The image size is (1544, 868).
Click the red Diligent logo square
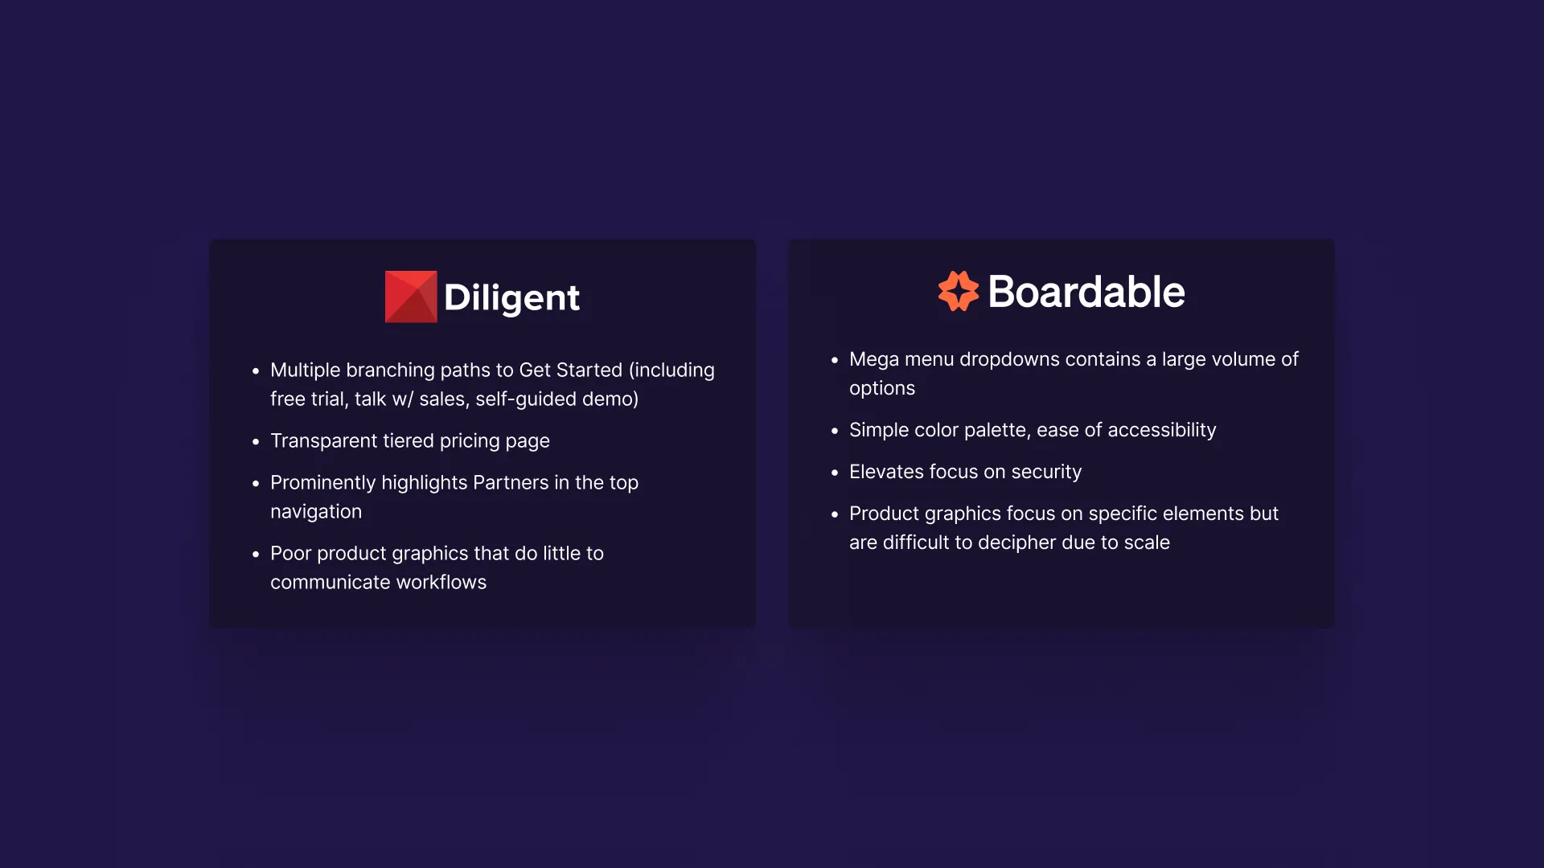pos(411,297)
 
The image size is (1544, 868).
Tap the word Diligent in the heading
pos(511,298)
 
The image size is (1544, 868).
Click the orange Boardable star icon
pos(958,291)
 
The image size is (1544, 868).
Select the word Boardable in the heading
pos(1086,292)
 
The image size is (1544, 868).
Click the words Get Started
pos(570,370)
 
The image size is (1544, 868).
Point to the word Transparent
pos(323,440)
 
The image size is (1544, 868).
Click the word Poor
pos(290,553)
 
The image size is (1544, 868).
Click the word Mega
pos(873,359)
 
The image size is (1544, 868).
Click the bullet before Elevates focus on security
pos(835,473)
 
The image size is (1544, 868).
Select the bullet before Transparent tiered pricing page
pos(256,441)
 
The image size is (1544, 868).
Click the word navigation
pos(316,511)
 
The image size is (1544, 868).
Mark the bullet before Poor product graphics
pos(256,554)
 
